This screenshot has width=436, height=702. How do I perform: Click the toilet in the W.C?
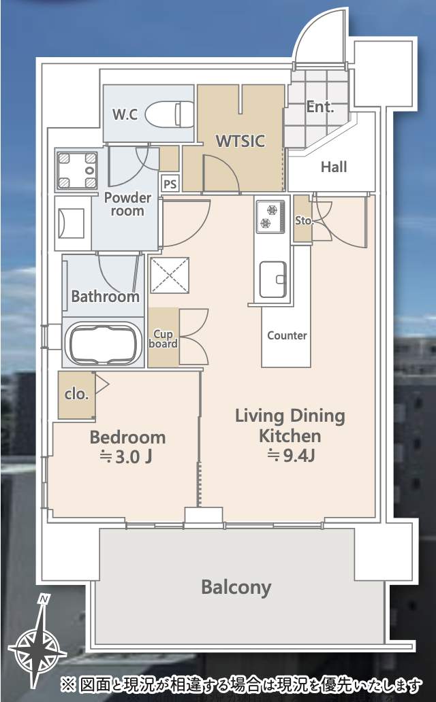click(170, 114)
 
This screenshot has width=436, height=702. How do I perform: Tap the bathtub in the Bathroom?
click(103, 344)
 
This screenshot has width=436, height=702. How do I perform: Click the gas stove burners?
click(270, 216)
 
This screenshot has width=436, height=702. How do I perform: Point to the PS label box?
click(170, 184)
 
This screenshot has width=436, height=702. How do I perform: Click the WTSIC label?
click(240, 141)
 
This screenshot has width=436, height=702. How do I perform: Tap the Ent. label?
click(320, 107)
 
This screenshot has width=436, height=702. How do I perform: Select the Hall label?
click(334, 167)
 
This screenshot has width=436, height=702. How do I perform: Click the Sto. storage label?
click(303, 220)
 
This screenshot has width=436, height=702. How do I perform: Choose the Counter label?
click(287, 335)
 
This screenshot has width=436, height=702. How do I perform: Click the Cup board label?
click(163, 339)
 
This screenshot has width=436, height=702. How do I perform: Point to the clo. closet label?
click(76, 395)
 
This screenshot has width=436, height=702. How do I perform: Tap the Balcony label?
click(236, 587)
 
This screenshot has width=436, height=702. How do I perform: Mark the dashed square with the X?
click(170, 275)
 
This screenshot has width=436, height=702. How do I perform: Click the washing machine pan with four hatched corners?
click(77, 170)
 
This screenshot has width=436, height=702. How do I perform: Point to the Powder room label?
click(127, 204)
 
